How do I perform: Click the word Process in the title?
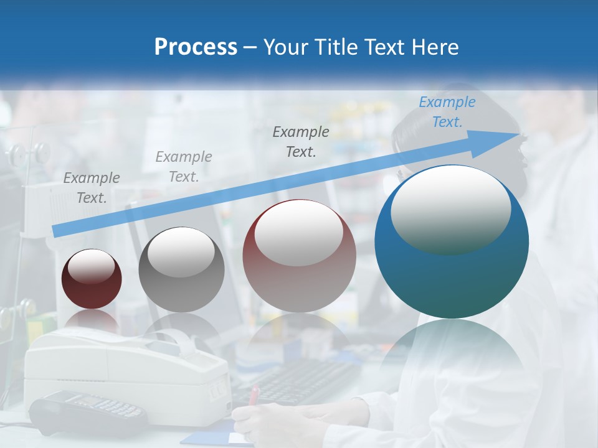[196, 47]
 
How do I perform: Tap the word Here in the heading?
[435, 47]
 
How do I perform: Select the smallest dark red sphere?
[92, 279]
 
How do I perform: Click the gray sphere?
[181, 269]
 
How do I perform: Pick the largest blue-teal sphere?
[452, 241]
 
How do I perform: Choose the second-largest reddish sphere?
[299, 256]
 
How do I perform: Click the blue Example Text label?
[447, 112]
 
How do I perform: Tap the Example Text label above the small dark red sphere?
[92, 188]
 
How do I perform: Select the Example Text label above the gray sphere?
[184, 167]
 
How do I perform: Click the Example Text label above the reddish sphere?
[301, 141]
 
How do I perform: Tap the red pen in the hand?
[254, 396]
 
